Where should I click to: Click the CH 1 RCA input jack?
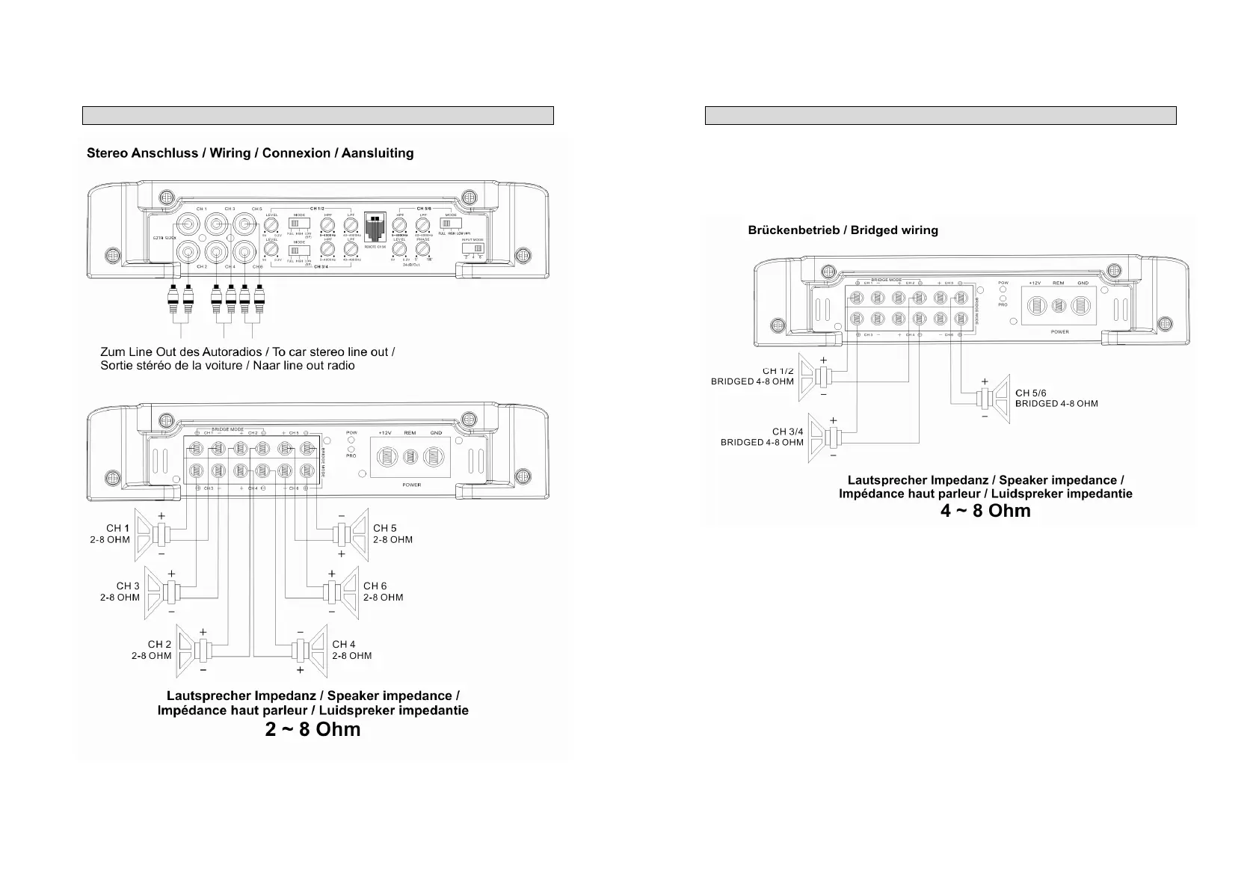pyautogui.click(x=188, y=224)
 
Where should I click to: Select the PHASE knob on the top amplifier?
pyautogui.click(x=422, y=249)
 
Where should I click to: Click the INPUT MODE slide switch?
pyautogui.click(x=472, y=248)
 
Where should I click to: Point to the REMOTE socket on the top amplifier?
pyautogui.click(x=375, y=227)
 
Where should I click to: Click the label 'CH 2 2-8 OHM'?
pyautogui.click(x=153, y=650)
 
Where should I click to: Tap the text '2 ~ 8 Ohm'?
pyautogui.click(x=313, y=730)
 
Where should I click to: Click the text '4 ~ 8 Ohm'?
pyautogui.click(x=985, y=512)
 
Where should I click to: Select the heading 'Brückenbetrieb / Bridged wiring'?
pyautogui.click(x=843, y=230)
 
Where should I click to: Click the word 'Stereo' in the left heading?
pyautogui.click(x=107, y=153)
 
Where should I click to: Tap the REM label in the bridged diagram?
pyautogui.click(x=1058, y=283)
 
